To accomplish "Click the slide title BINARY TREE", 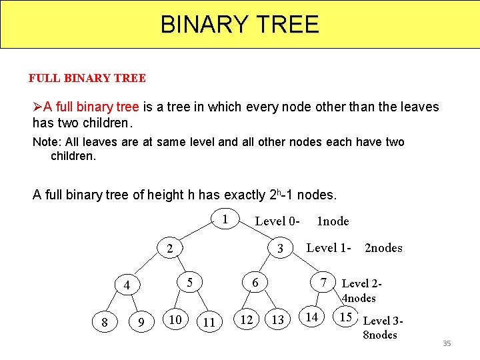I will pyautogui.click(x=240, y=25).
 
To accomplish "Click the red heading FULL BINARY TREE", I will pyautogui.click(x=87, y=78).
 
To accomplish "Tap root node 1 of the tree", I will pyautogui.click(x=225, y=219).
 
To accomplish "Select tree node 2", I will pyautogui.click(x=170, y=249).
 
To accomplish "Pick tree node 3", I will pyautogui.click(x=281, y=249).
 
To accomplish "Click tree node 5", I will pyautogui.click(x=190, y=282).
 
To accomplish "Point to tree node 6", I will pyautogui.click(x=255, y=282).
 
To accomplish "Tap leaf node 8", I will pyautogui.click(x=105, y=323).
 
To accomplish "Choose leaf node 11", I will pyautogui.click(x=209, y=323).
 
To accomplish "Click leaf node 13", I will pyautogui.click(x=278, y=321).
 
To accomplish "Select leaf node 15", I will pyautogui.click(x=346, y=317).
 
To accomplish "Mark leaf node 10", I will pyautogui.click(x=175, y=319).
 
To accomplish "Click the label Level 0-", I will pyautogui.click(x=277, y=221).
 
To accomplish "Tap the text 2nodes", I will pyautogui.click(x=383, y=248).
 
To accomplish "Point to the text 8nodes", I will pyautogui.click(x=379, y=335).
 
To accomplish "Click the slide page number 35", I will pyautogui.click(x=447, y=343).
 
